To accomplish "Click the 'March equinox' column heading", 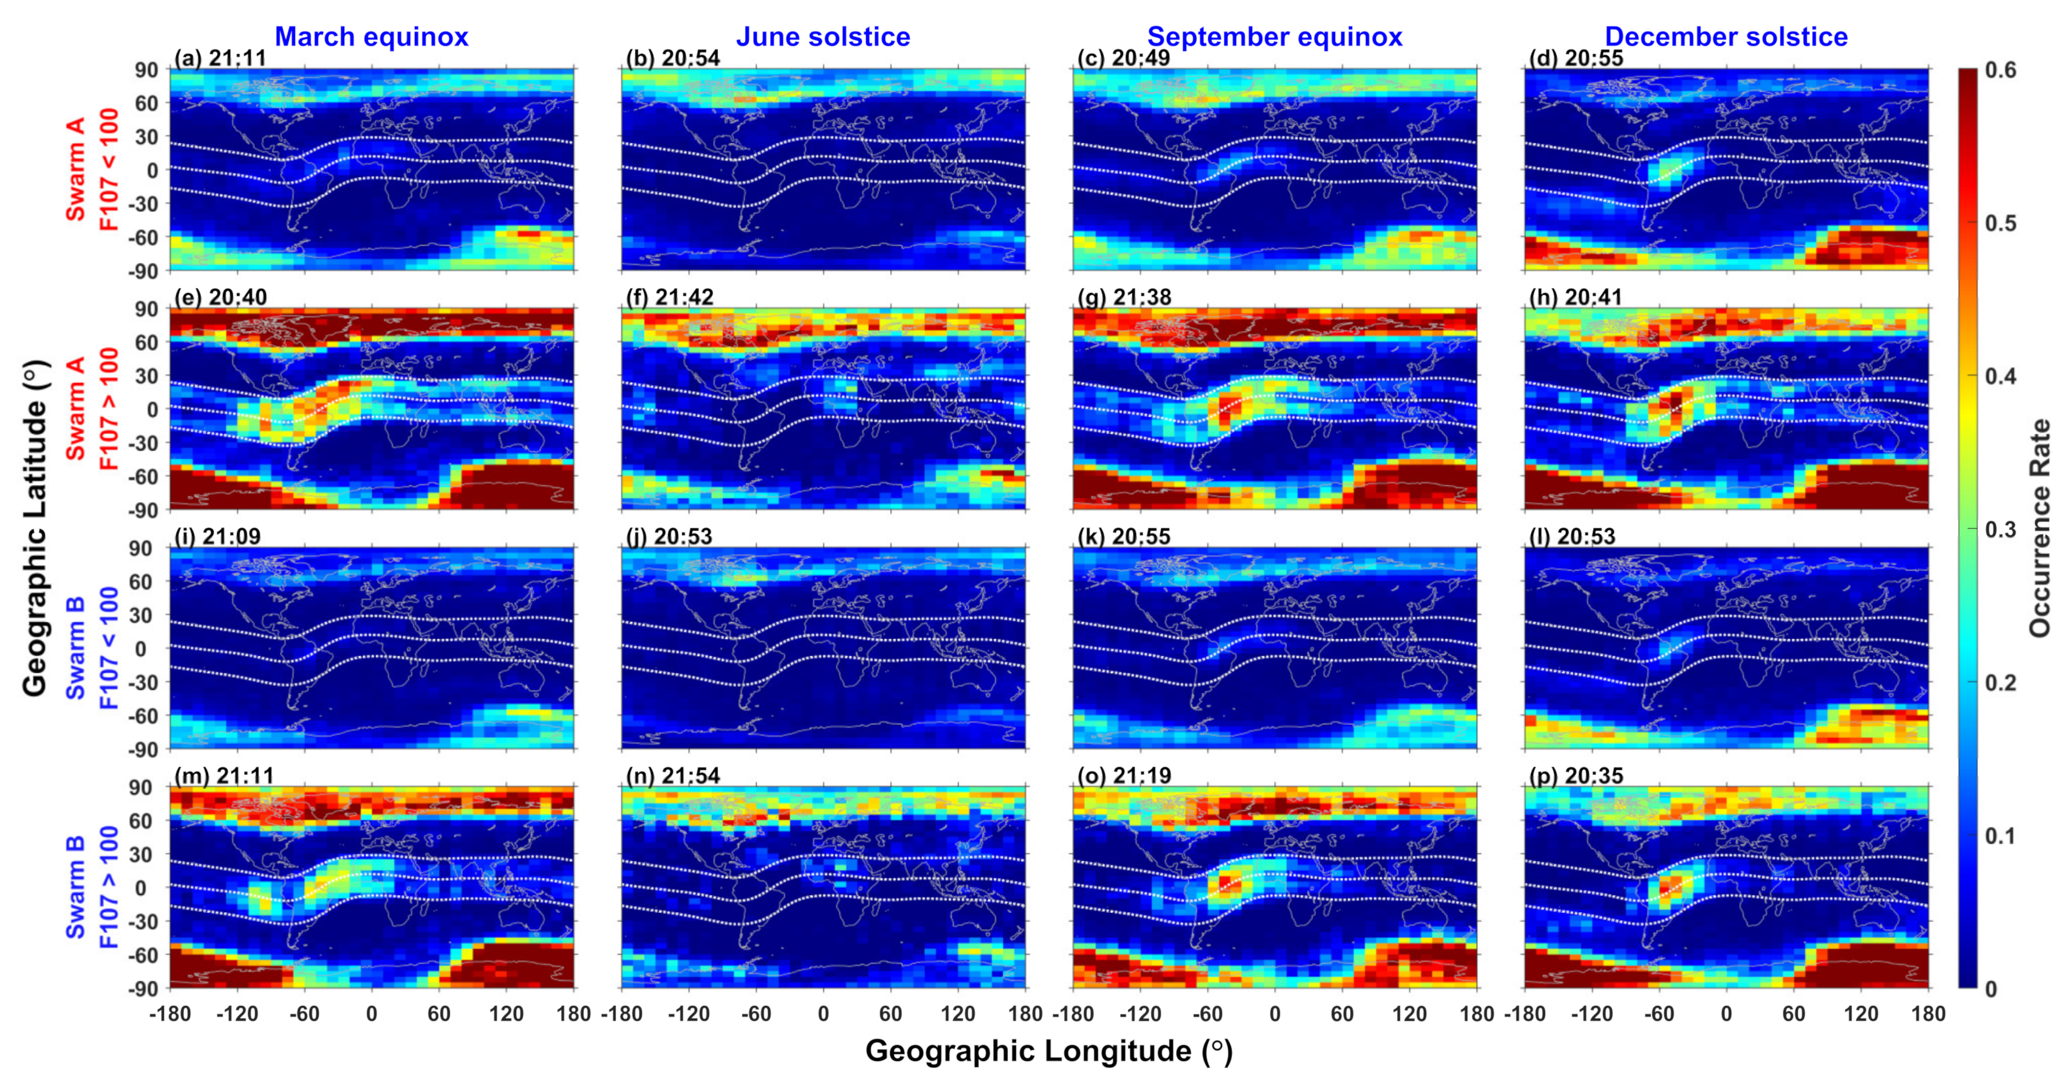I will coord(371,37).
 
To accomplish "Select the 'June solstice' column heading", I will coord(823,37).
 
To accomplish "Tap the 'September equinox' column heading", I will coord(1274,37).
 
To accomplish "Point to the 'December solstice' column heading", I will coord(1726,37).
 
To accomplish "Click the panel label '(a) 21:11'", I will coord(220,58).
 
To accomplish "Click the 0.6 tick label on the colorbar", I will coord(2001,70).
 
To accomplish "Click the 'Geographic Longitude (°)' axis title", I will coord(1048,1051).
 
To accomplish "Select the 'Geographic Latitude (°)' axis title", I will coord(35,528).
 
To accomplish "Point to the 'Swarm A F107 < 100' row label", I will coord(92,170).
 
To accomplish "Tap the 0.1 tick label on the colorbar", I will coord(2001,836).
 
